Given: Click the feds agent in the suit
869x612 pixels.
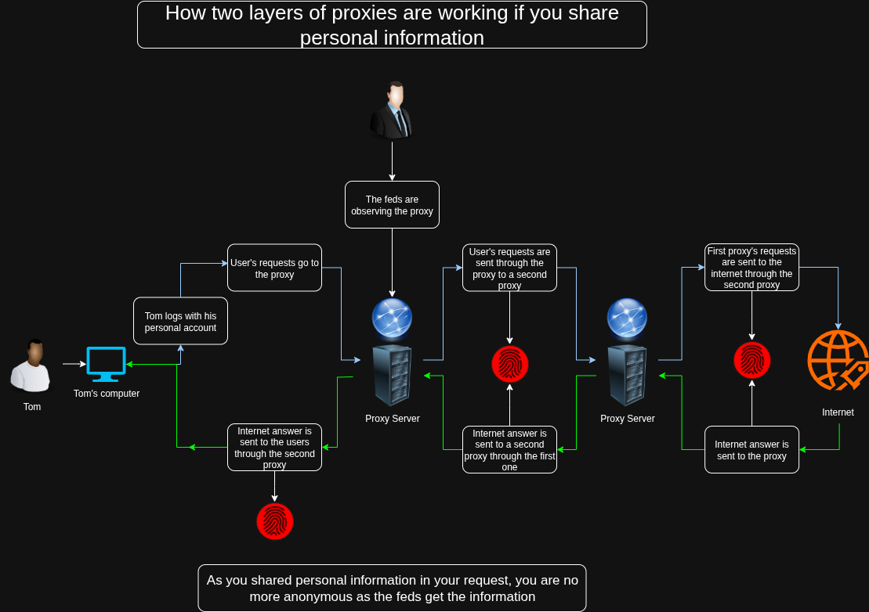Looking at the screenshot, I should (392, 110).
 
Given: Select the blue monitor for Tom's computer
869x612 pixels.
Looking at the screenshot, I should (106, 364).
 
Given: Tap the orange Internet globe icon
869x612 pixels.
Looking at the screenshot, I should (838, 360).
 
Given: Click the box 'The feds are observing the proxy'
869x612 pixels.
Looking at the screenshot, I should (392, 205).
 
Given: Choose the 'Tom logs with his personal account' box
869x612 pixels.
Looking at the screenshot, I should (180, 321).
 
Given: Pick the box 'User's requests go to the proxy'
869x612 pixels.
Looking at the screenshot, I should (274, 268).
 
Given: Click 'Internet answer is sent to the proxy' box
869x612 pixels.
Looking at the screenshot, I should (751, 450).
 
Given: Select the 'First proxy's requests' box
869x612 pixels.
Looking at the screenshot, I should (751, 268).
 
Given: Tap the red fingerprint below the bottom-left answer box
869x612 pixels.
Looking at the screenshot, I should (274, 521).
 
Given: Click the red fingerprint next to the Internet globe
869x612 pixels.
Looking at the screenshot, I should (751, 361).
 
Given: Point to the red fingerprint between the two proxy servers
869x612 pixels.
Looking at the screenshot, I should (509, 364).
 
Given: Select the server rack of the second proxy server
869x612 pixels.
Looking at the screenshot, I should (627, 375).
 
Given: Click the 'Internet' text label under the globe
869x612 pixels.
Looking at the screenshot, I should (838, 412).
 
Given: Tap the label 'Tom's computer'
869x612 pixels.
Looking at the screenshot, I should (107, 394).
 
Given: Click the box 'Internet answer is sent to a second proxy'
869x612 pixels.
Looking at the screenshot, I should (509, 450).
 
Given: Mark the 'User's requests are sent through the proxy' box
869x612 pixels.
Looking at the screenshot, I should (509, 268).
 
